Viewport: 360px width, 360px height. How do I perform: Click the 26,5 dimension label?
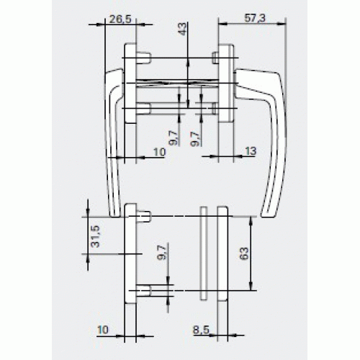click(x=120, y=19)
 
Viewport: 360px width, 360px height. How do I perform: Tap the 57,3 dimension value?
click(x=255, y=18)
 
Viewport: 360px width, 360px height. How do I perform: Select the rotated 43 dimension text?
click(x=182, y=29)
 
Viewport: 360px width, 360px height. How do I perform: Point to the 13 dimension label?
click(x=251, y=151)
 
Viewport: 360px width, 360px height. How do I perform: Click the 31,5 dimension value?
click(x=95, y=236)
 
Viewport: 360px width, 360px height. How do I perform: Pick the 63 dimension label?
click(x=243, y=253)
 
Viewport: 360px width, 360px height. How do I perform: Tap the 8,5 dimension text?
click(x=201, y=330)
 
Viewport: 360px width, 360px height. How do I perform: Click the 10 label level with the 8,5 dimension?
click(x=103, y=330)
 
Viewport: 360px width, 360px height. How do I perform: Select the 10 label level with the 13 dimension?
click(x=160, y=152)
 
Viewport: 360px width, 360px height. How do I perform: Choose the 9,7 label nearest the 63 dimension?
click(x=163, y=253)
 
